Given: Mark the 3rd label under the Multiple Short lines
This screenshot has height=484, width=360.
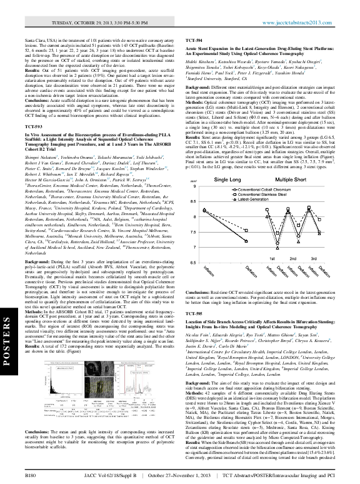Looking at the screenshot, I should tap(315, 258).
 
